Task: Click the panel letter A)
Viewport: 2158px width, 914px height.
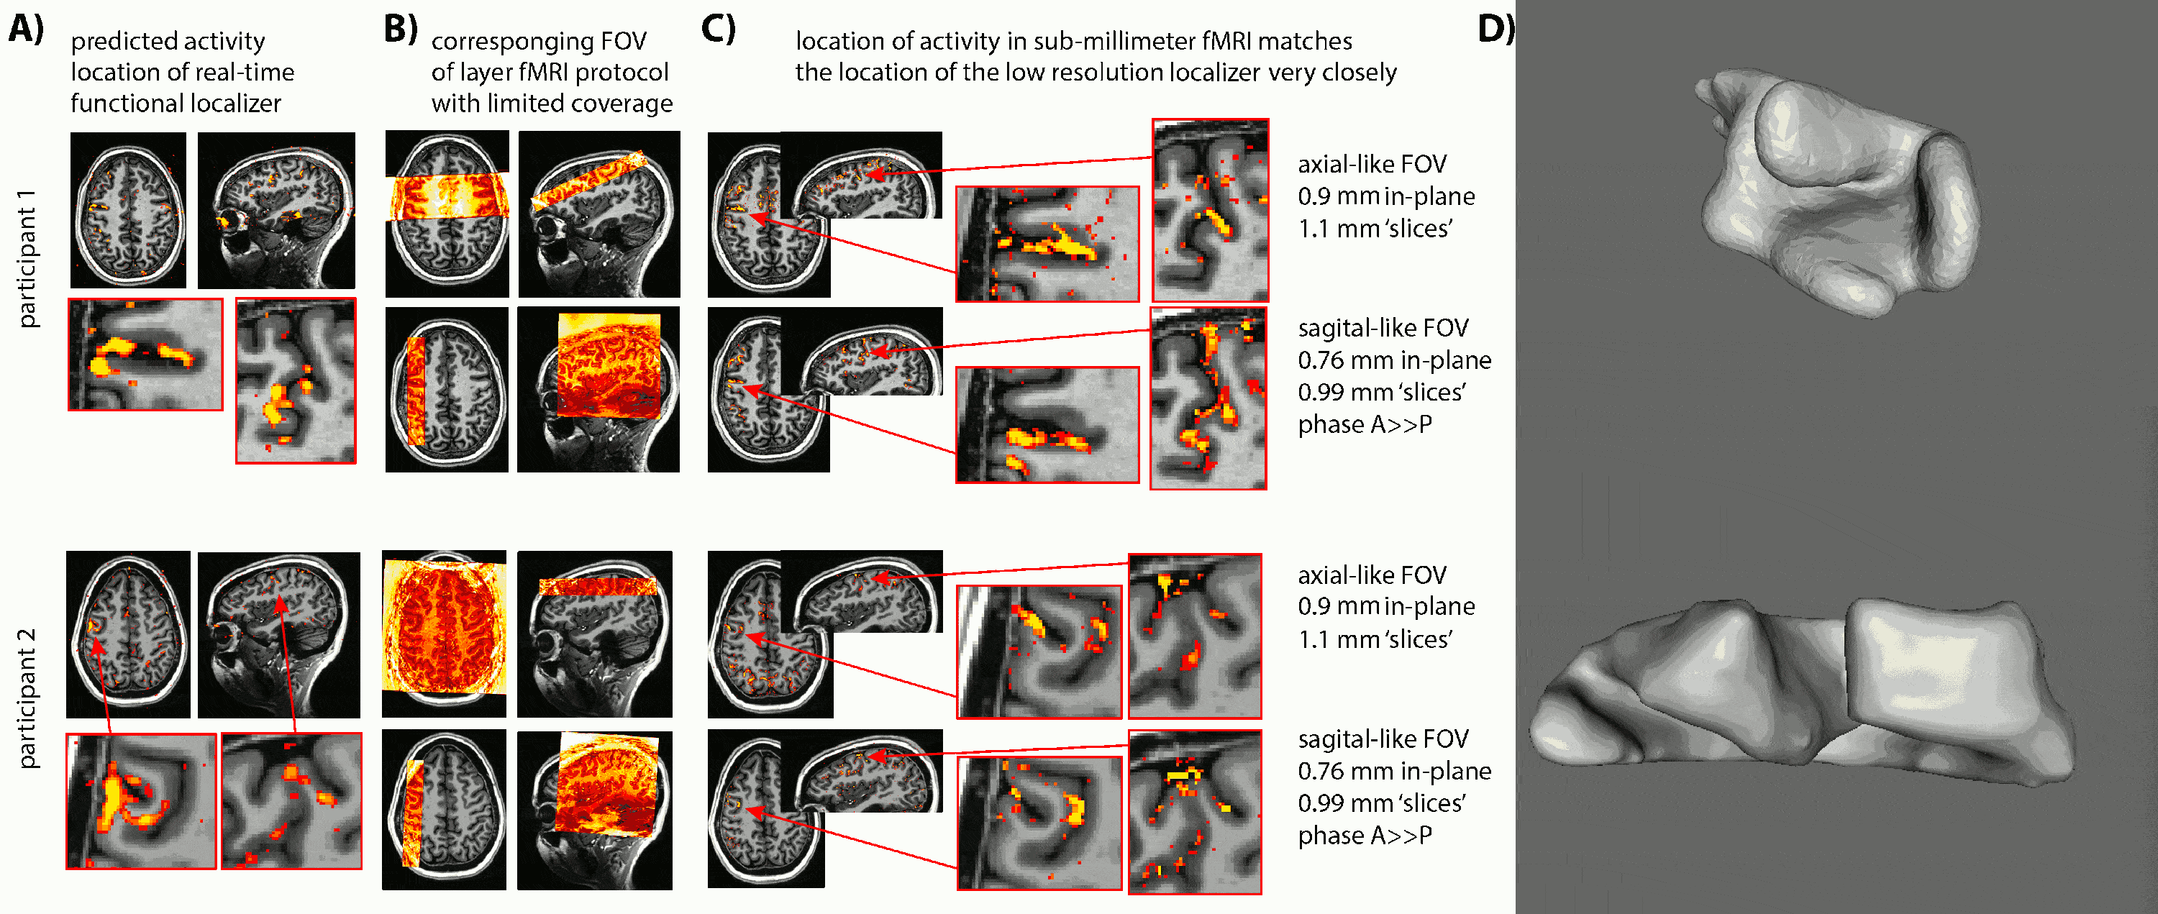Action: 26,29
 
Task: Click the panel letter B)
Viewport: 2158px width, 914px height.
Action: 401,29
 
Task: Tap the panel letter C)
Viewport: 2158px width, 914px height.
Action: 718,29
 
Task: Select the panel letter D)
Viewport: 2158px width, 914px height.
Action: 1495,29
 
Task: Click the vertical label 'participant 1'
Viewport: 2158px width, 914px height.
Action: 27,258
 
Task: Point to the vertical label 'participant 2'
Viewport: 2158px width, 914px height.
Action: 27,698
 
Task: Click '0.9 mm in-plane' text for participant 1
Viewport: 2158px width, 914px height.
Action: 1385,196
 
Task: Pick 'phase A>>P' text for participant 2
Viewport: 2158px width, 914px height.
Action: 1365,835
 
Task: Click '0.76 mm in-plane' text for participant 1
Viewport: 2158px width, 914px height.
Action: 1394,360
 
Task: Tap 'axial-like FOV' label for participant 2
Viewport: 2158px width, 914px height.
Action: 1371,575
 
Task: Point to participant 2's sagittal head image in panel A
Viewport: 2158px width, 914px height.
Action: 278,634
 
